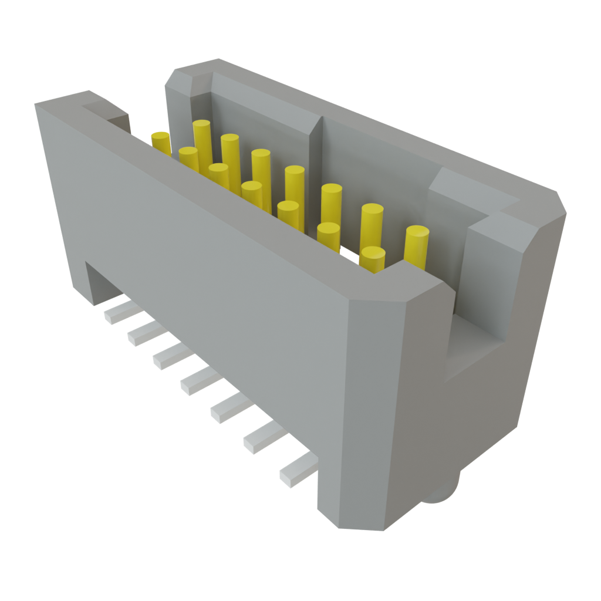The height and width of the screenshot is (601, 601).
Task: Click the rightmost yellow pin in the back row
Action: point(417,245)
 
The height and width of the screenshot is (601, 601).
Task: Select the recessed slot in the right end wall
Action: point(475,346)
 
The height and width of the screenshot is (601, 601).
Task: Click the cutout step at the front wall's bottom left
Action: point(94,282)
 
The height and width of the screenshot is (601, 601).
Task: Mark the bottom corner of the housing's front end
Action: point(352,525)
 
